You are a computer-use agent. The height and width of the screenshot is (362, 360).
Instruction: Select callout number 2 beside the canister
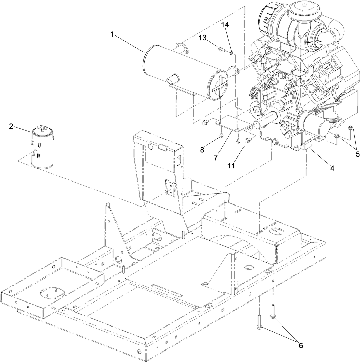(x=11, y=126)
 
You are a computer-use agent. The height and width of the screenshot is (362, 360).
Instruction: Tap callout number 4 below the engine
(x=332, y=168)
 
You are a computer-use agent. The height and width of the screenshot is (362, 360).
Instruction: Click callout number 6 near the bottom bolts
(x=300, y=345)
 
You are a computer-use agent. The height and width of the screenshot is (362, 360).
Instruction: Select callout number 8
(x=202, y=150)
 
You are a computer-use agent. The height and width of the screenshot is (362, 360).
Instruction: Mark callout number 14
(x=225, y=25)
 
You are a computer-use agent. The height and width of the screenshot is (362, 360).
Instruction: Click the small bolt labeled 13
(x=221, y=49)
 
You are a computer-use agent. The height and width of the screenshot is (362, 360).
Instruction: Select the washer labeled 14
(x=231, y=52)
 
